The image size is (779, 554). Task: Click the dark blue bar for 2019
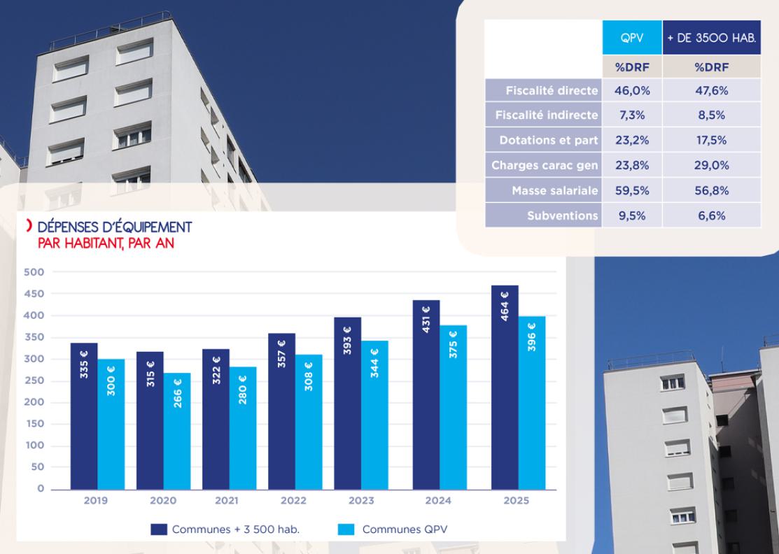pos(84,416)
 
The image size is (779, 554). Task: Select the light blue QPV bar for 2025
pos(532,403)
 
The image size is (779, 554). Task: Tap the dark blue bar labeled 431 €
pos(426,395)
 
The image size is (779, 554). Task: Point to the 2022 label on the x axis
pos(294,501)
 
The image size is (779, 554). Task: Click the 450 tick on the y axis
pos(34,294)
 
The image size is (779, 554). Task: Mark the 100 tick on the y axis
pos(34,446)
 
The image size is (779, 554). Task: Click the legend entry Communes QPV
pos(393,530)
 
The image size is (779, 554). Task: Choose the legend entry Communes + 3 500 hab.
pos(225,530)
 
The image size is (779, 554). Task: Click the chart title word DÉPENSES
pos(69,227)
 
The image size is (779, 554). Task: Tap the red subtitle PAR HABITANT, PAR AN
pos(106,243)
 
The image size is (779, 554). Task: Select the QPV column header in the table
pos(632,38)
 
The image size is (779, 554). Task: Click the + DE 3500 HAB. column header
pos(711,38)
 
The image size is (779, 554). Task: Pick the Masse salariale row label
pos(555,191)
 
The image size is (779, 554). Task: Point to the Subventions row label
pos(563,216)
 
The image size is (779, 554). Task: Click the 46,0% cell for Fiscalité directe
pos(632,91)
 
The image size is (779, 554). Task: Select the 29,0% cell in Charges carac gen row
pos(711,165)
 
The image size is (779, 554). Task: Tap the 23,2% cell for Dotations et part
pos(632,141)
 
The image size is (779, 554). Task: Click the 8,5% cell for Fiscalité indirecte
pos(711,115)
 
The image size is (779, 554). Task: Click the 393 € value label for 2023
pos(347,341)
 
